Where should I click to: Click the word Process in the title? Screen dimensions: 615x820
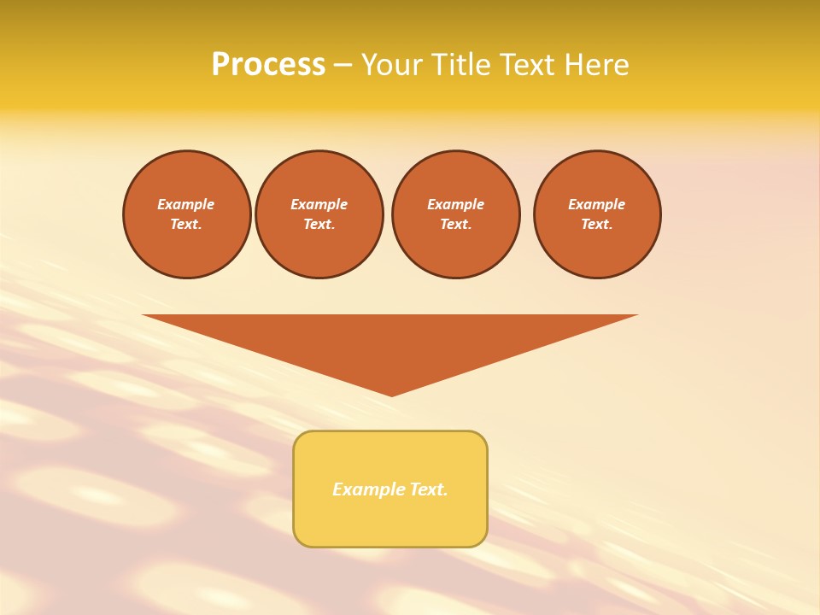268,65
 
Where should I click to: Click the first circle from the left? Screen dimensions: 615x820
187,214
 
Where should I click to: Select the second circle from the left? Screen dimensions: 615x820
319,214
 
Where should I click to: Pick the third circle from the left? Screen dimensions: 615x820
456,214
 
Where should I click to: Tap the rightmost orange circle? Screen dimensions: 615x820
597,214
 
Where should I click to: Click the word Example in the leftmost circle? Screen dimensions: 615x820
186,204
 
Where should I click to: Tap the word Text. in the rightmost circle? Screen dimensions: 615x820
597,224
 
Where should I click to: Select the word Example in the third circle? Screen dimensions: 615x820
456,204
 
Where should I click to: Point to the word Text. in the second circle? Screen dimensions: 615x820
319,224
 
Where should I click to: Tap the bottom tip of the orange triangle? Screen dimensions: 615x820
391,395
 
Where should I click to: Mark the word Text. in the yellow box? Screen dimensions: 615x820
429,489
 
